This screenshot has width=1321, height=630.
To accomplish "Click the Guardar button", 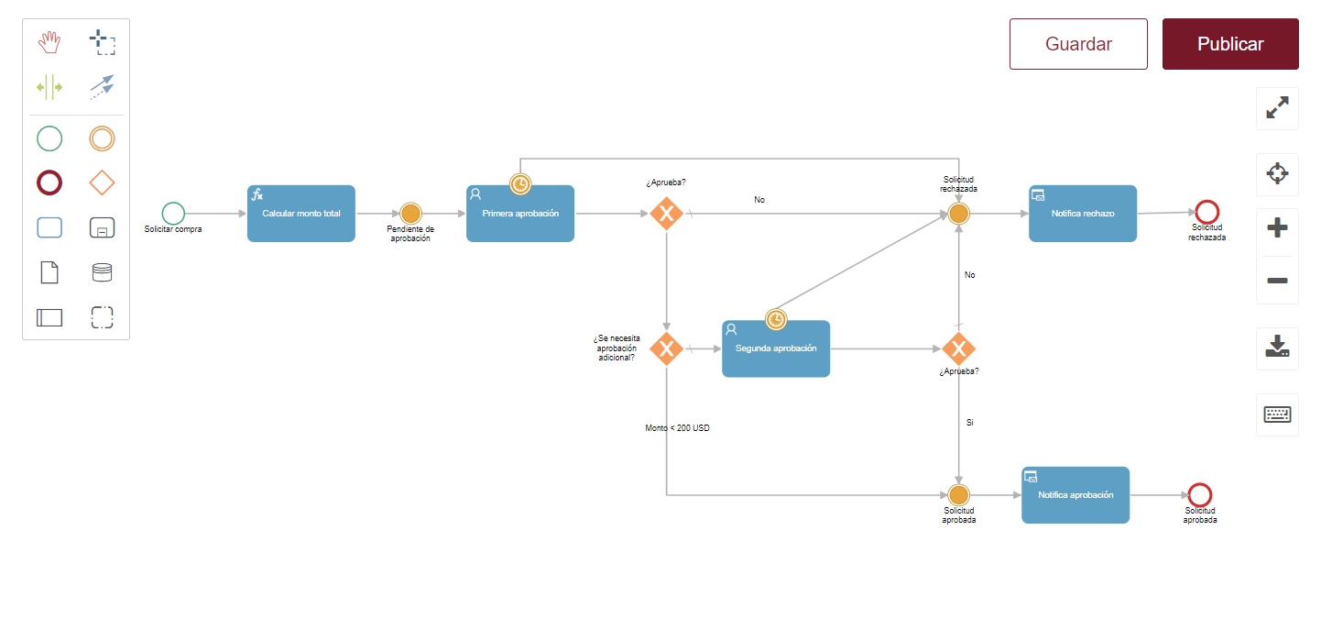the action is (1078, 44).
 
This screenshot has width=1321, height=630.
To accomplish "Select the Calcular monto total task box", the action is (301, 214).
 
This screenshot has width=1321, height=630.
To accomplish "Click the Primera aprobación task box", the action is (520, 214).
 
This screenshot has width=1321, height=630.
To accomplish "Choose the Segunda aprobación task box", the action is (776, 349).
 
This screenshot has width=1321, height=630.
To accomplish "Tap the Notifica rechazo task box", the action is (1083, 214).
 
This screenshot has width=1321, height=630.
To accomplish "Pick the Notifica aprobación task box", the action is (1075, 495).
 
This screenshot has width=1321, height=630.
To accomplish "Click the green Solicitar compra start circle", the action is (173, 214).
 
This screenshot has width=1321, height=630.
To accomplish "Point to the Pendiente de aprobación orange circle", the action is (410, 214).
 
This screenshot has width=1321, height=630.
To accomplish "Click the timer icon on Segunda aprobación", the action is (776, 320).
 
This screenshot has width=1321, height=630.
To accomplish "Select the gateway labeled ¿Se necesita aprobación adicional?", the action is (666, 349).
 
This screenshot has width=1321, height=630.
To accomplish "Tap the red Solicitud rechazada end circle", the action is (1207, 212).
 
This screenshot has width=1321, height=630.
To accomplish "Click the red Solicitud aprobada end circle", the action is (1200, 495).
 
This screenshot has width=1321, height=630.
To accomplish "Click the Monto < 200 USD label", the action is (678, 428).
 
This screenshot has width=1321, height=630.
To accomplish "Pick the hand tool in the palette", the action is (49, 42).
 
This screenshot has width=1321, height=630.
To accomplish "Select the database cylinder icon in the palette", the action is (102, 272).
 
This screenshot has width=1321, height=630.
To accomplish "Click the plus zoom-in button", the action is (1277, 228).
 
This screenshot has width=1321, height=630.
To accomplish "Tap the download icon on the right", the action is (1277, 347).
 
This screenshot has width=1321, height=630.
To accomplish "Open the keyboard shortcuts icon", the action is (1277, 414).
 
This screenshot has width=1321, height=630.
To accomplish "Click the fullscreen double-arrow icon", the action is (1277, 107).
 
